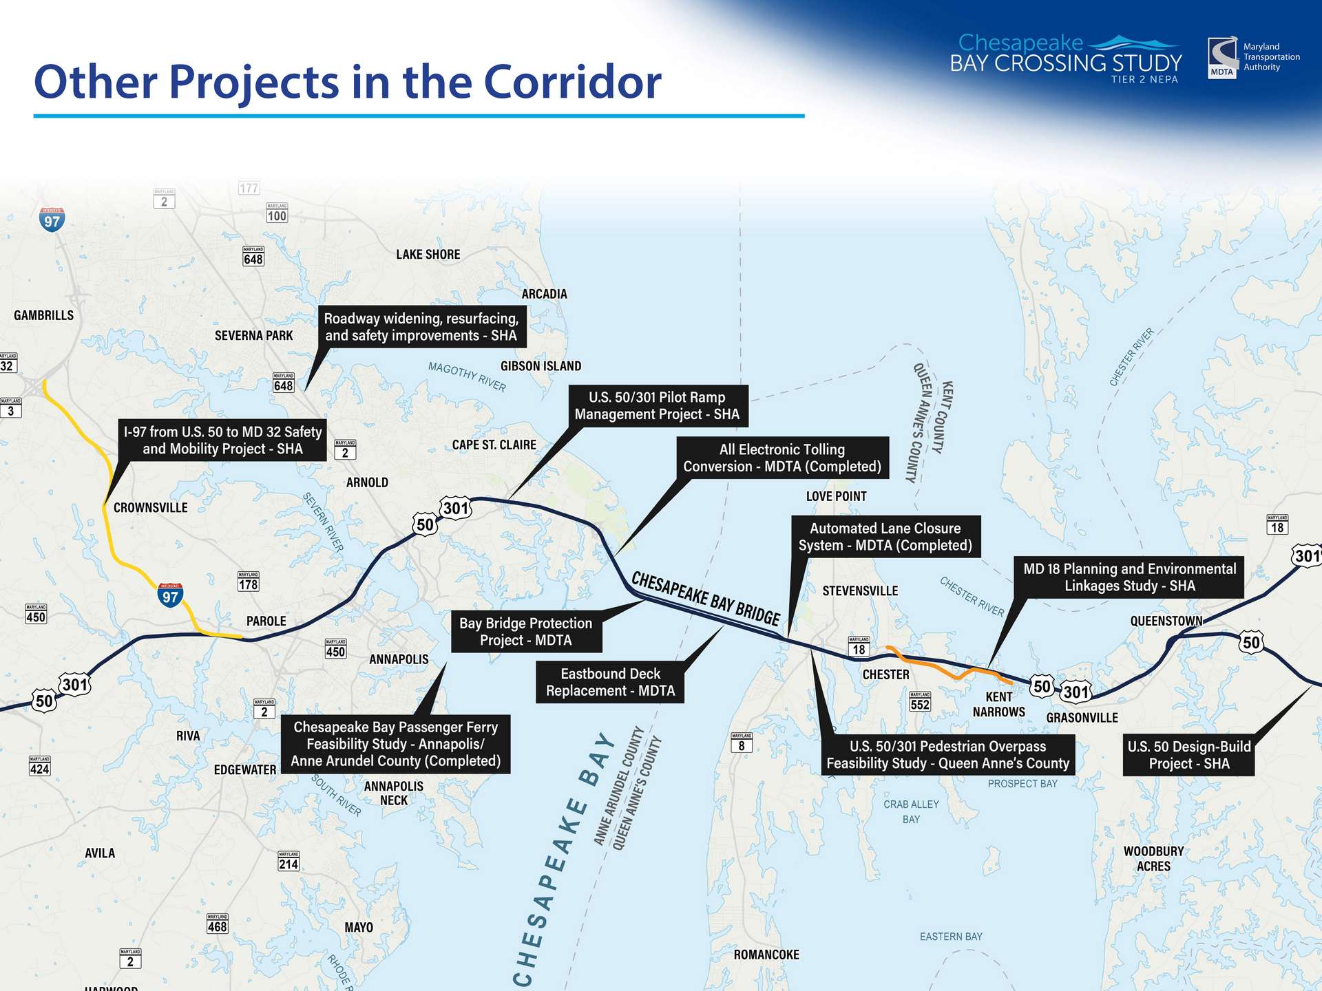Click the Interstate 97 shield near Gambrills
tap(52, 220)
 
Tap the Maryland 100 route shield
tap(277, 213)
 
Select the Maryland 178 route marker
tap(248, 582)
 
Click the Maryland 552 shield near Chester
tap(920, 701)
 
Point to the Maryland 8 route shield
tap(742, 743)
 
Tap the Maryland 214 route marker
tap(288, 861)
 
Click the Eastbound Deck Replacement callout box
tap(610, 682)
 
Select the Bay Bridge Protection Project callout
tap(526, 631)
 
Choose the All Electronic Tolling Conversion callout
tap(782, 458)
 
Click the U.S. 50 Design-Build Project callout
tap(1188, 755)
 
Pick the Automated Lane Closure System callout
tap(885, 537)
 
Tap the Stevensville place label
tap(860, 590)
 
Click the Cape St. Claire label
tap(494, 445)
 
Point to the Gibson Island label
tap(541, 366)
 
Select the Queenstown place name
tap(1166, 621)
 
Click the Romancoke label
tap(766, 955)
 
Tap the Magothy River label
tap(467, 376)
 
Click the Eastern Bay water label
tap(951, 937)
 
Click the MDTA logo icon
tap(1222, 58)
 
